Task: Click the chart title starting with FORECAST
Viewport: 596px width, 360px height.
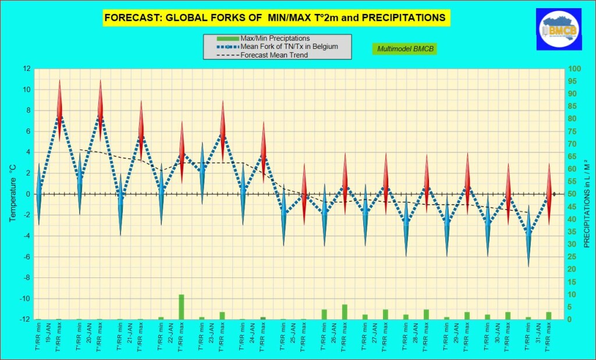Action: pyautogui.click(x=274, y=18)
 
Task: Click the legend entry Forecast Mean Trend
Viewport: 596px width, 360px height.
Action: pyautogui.click(x=274, y=55)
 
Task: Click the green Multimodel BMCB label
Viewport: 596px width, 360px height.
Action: pyautogui.click(x=403, y=48)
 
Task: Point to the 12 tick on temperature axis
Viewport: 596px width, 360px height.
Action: pyautogui.click(x=27, y=69)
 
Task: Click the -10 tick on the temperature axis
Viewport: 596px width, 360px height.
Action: pyautogui.click(x=25, y=299)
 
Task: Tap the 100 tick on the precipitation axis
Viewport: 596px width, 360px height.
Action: pyautogui.click(x=574, y=69)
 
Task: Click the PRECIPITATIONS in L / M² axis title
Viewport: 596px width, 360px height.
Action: pyautogui.click(x=587, y=194)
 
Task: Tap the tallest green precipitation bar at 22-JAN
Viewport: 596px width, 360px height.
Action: pyautogui.click(x=182, y=307)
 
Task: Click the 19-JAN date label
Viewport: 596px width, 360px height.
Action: pyautogui.click(x=48, y=339)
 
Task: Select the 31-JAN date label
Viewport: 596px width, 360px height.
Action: pyautogui.click(x=538, y=339)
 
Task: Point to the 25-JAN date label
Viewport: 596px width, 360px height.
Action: pyautogui.click(x=293, y=339)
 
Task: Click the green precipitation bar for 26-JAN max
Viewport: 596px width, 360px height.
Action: pyautogui.click(x=345, y=312)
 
